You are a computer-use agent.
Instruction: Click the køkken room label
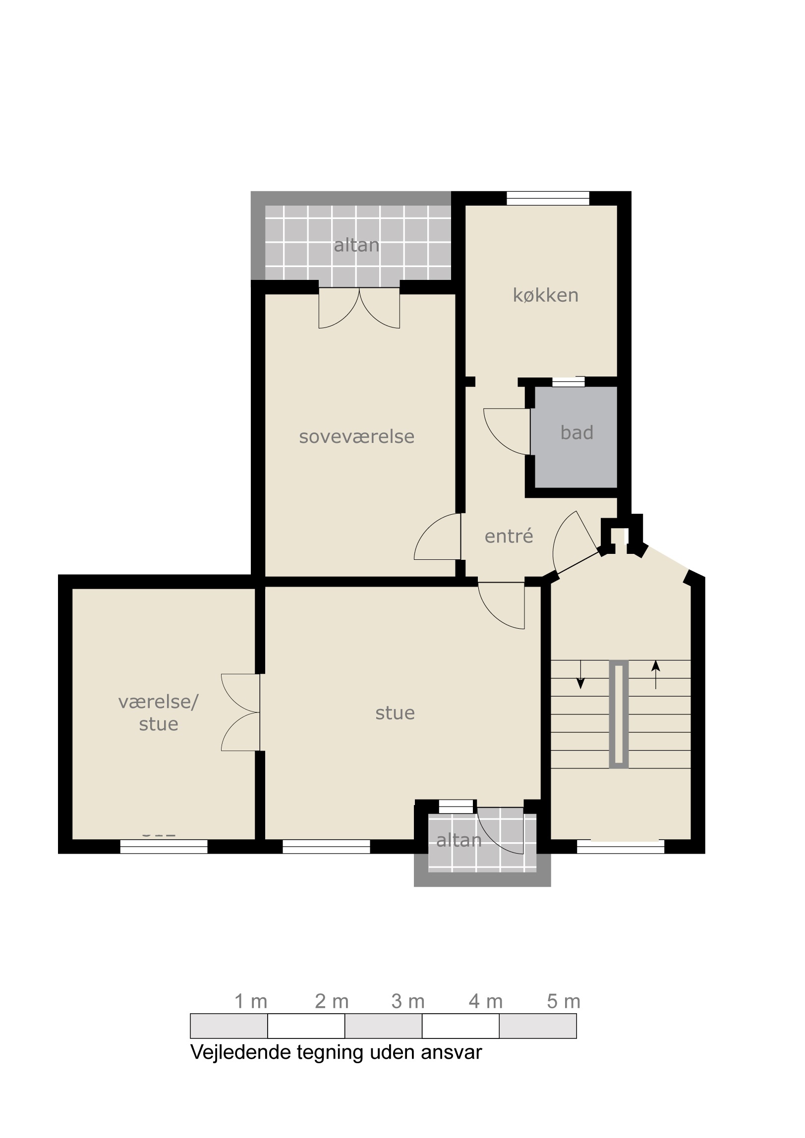[x=546, y=295]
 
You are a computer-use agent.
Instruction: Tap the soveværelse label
[x=356, y=436]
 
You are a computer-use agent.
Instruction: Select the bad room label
[x=577, y=433]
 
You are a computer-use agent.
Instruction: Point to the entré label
[x=509, y=536]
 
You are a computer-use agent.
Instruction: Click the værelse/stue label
[x=159, y=713]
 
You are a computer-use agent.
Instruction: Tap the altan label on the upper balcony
[x=356, y=245]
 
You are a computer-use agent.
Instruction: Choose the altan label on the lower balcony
[x=460, y=840]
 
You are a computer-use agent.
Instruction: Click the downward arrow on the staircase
[x=580, y=675]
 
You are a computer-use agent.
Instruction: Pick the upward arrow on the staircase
[x=656, y=675]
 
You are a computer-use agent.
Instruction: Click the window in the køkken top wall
[x=548, y=198]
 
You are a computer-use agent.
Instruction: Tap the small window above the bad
[x=569, y=381]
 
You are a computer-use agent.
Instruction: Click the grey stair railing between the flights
[x=619, y=714]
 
